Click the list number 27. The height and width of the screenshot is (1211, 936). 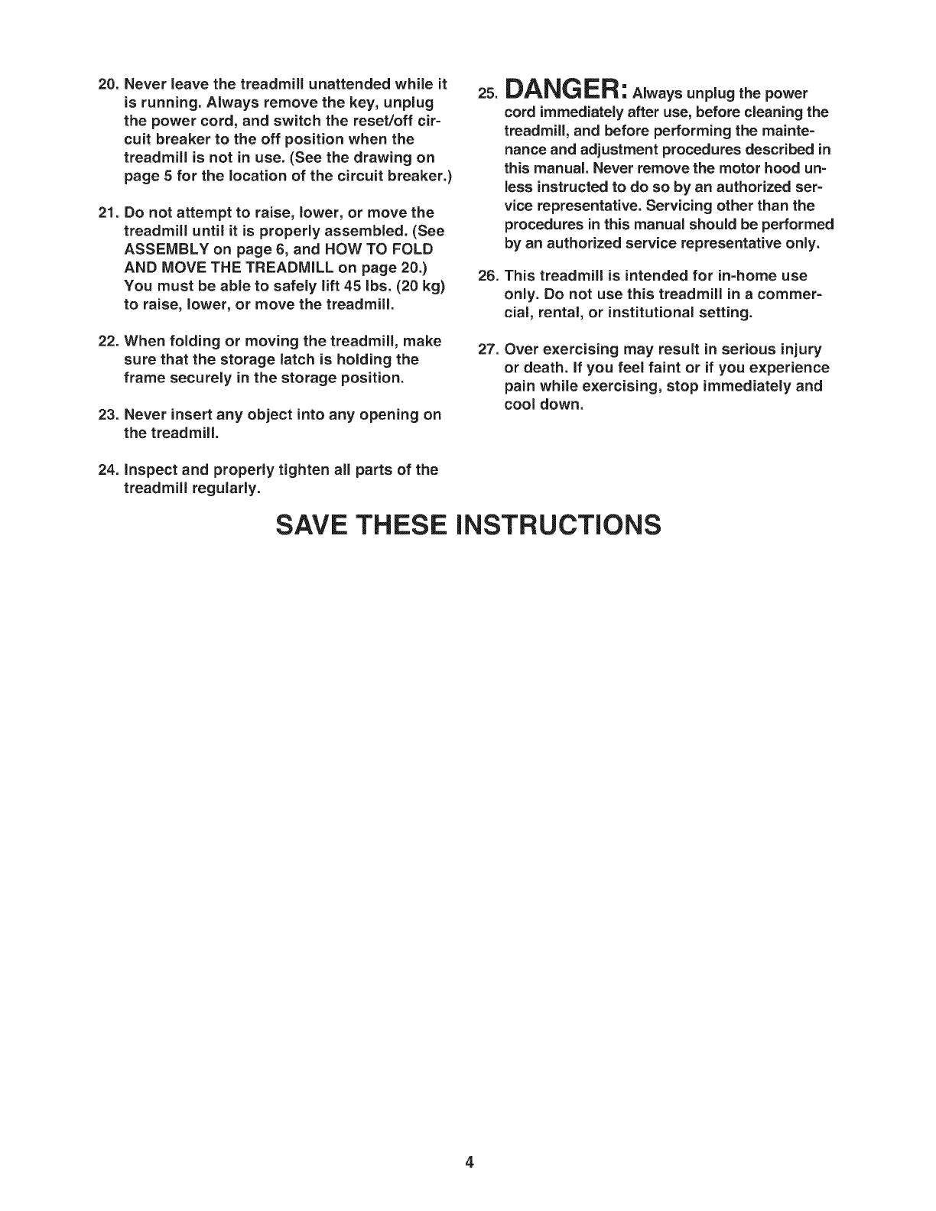(488, 350)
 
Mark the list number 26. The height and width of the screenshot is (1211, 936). (488, 275)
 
